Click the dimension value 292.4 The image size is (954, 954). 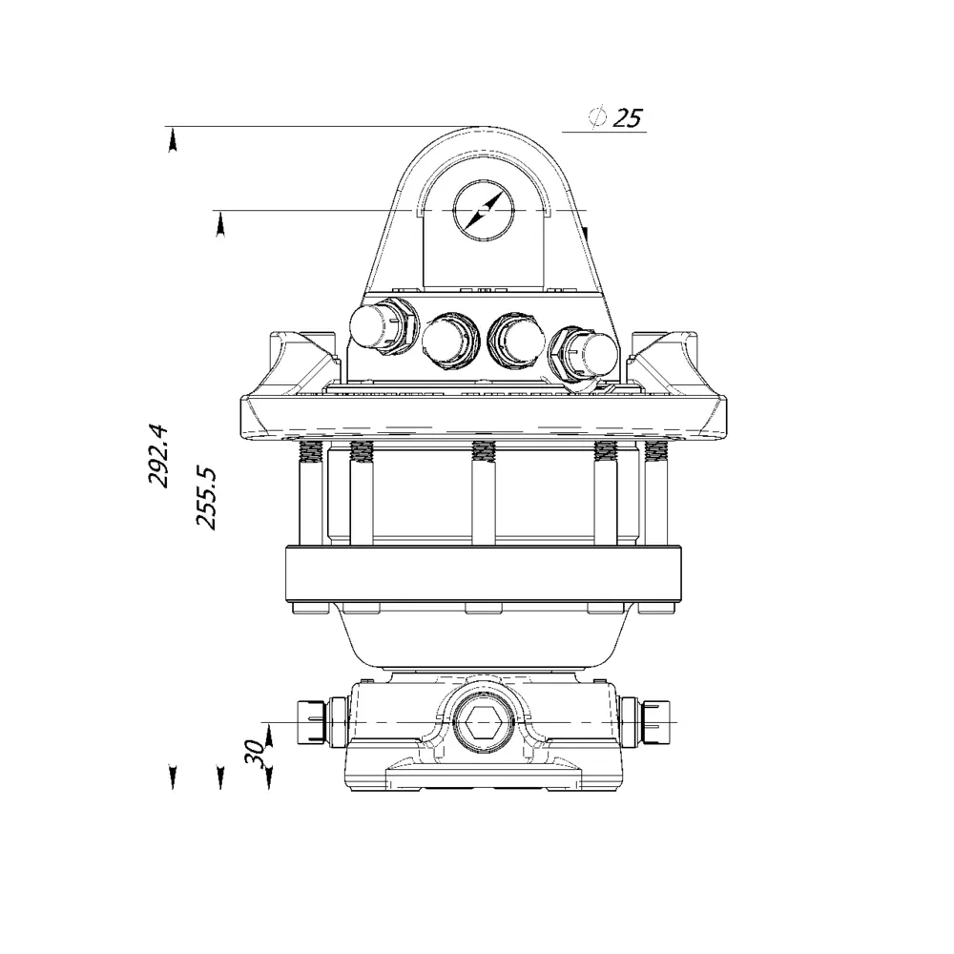point(158,455)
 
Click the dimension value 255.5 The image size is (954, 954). point(206,498)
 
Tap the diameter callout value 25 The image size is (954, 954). point(628,117)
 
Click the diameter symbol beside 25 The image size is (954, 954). point(598,116)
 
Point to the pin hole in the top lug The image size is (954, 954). point(484,211)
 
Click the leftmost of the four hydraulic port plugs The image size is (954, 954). point(384,327)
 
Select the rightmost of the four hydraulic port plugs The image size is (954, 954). point(584,356)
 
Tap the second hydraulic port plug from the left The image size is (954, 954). point(451,342)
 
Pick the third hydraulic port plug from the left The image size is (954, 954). point(517,342)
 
